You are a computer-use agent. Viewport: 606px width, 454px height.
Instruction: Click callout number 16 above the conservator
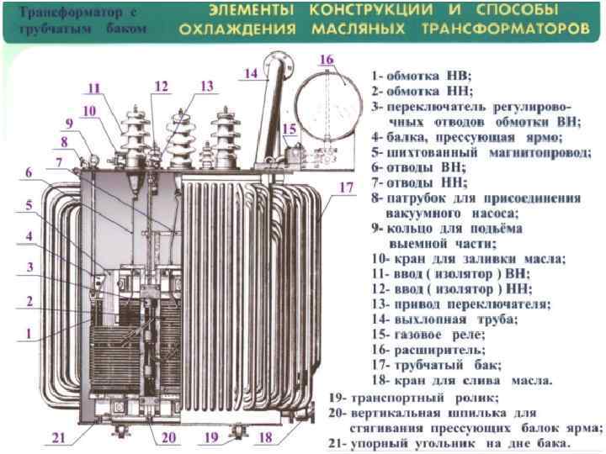327,59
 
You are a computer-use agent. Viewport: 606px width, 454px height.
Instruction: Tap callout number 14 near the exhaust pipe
251,72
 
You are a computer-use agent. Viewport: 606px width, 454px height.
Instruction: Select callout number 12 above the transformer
162,86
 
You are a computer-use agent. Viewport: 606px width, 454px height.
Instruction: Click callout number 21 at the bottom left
58,436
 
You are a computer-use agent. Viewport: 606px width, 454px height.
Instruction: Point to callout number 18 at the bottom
266,437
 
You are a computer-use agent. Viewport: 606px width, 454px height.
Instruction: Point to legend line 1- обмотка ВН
423,75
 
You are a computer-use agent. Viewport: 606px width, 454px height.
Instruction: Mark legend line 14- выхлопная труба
444,319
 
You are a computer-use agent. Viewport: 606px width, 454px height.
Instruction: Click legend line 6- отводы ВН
417,166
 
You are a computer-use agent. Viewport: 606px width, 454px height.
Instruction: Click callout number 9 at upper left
70,122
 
